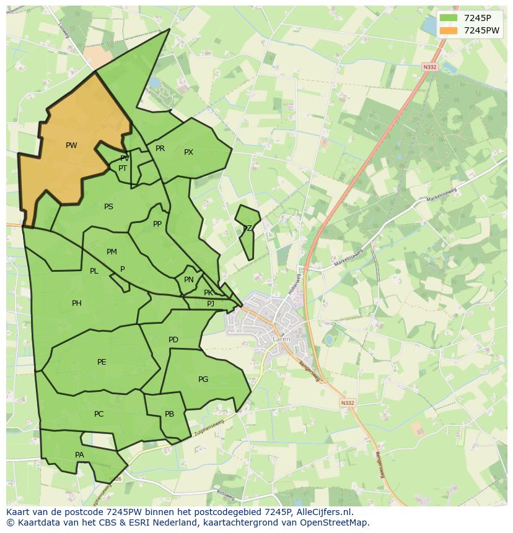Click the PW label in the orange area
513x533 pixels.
point(71,145)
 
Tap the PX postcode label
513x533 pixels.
point(188,152)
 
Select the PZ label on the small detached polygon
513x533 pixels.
point(247,228)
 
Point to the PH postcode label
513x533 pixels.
point(76,303)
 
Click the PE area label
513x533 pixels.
point(102,362)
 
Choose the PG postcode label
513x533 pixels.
point(203,379)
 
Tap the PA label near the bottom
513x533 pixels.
point(79,455)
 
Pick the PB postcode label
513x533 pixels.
point(169,414)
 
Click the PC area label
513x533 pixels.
point(99,414)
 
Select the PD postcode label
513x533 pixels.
point(173,340)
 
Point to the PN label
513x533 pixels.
point(189,280)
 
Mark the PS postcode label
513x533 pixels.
point(108,207)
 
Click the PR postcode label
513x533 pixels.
point(160,149)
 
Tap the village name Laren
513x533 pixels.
point(281,339)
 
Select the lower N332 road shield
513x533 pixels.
point(348,403)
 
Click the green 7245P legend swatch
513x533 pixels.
point(448,18)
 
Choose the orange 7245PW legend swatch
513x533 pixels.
point(448,30)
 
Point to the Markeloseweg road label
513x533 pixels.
point(441,194)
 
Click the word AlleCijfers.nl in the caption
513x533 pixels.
point(323,512)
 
